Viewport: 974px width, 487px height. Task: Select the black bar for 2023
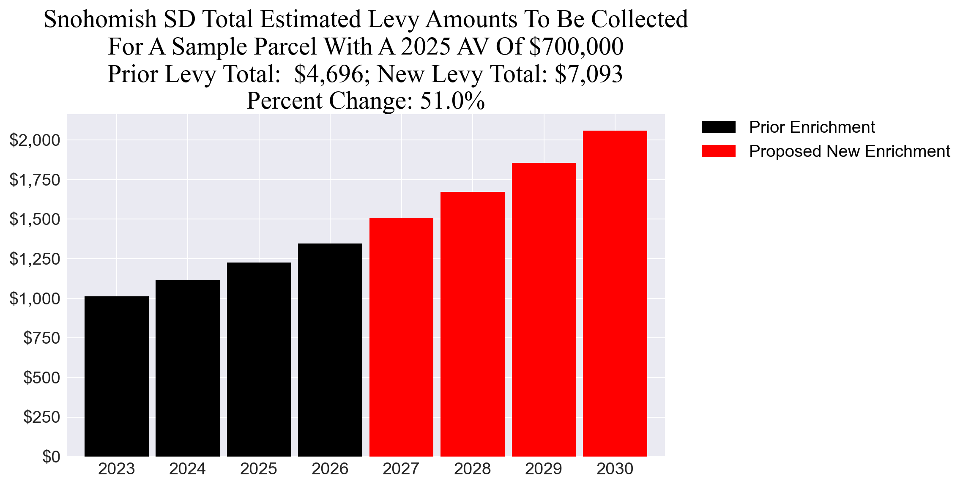tap(116, 376)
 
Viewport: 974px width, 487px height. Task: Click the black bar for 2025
tap(259, 359)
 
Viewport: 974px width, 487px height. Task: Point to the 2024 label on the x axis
tap(187, 469)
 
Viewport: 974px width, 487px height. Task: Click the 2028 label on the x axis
tap(472, 469)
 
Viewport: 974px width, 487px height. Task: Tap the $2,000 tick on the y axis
tap(35, 140)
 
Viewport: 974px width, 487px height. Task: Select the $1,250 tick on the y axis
tap(35, 259)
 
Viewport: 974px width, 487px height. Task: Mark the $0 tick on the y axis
tap(51, 457)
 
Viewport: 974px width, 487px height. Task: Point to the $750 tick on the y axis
tap(41, 338)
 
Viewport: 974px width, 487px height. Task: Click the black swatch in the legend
tap(718, 127)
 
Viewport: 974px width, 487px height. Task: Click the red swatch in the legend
tap(718, 151)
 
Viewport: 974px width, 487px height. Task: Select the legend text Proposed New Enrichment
tap(849, 151)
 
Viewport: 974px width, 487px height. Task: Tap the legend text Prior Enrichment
tap(812, 127)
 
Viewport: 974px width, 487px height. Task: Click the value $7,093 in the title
tap(588, 74)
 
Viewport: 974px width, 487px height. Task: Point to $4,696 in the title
tap(329, 74)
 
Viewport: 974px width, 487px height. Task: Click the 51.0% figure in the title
tap(452, 101)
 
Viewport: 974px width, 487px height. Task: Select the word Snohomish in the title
tap(100, 19)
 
